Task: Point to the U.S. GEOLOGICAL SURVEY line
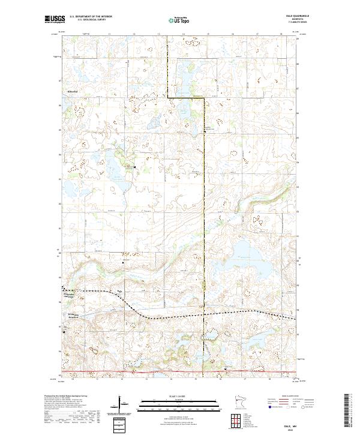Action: (x=88, y=20)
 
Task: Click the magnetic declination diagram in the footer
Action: (x=123, y=409)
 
